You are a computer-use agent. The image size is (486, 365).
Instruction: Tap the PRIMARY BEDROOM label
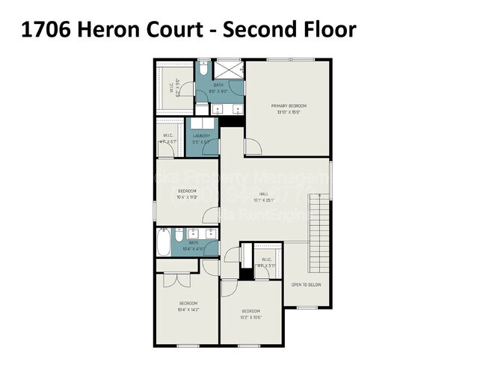coord(288,106)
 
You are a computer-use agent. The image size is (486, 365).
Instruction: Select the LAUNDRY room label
coord(201,135)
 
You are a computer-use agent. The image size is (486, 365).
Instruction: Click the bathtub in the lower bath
coord(164,243)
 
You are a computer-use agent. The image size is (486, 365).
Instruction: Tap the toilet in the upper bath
coord(203,70)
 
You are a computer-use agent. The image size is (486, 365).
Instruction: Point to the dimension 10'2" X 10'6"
coord(250,314)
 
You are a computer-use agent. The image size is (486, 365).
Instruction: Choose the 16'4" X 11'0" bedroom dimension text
coord(187,194)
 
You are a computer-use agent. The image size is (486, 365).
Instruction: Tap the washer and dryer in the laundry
coord(202,123)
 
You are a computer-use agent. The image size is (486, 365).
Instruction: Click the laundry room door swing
coord(212,147)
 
